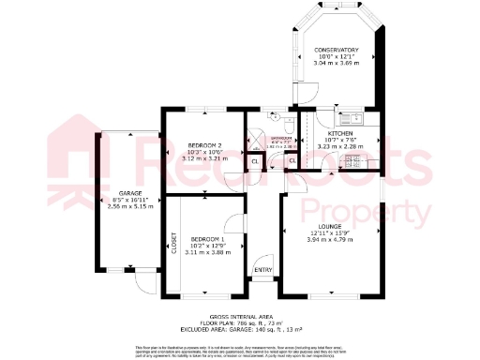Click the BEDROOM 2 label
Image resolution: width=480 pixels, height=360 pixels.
204,146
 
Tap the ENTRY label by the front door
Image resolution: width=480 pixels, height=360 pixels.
263,272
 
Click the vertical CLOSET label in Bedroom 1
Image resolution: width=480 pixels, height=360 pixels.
173,243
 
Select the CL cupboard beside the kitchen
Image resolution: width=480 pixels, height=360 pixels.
292,161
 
